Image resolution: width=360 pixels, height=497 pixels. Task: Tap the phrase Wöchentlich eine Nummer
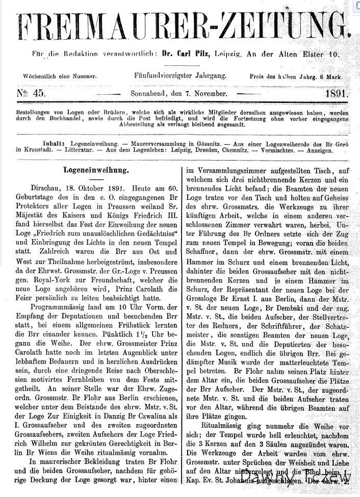click(x=60, y=76)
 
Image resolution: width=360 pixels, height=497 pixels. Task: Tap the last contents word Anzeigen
click(x=319, y=150)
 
